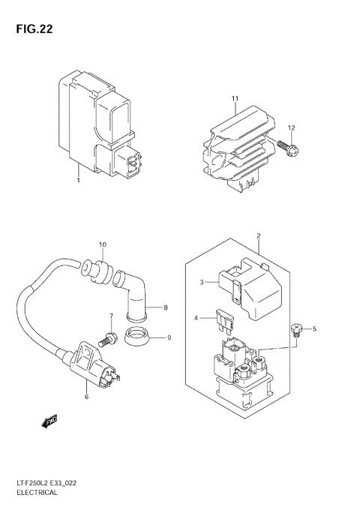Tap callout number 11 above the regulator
coord(235,100)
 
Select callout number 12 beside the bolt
coord(292,127)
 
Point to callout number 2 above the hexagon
coord(258,237)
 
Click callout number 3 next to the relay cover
coord(201,282)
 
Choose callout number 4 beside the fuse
coord(196,319)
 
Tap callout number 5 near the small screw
coord(315,328)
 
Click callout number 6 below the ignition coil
coord(87,396)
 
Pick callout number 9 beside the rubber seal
coord(169,337)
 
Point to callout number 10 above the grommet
coord(103,244)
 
